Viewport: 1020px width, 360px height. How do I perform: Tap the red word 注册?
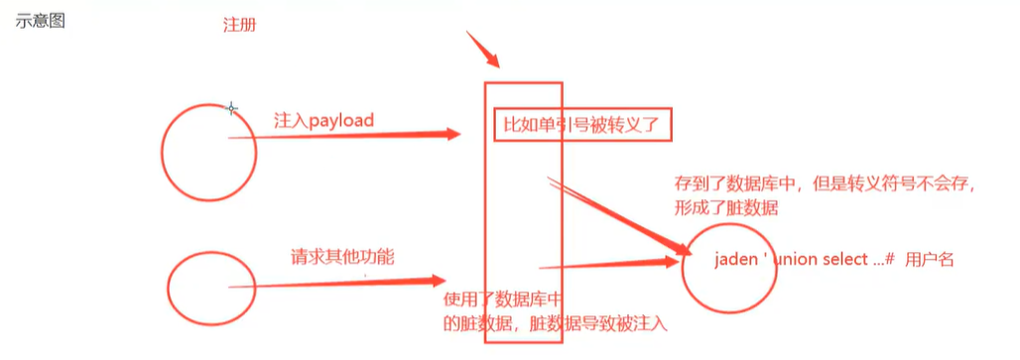click(x=239, y=25)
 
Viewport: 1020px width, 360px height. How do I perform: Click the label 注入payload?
click(x=323, y=120)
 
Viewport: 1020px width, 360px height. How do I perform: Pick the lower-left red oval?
click(x=205, y=288)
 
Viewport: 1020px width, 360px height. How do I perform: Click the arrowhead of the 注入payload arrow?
click(x=453, y=134)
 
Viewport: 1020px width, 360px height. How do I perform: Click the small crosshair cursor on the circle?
click(x=231, y=108)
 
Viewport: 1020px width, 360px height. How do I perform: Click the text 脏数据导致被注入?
click(x=605, y=323)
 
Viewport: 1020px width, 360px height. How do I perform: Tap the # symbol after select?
click(x=891, y=258)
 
